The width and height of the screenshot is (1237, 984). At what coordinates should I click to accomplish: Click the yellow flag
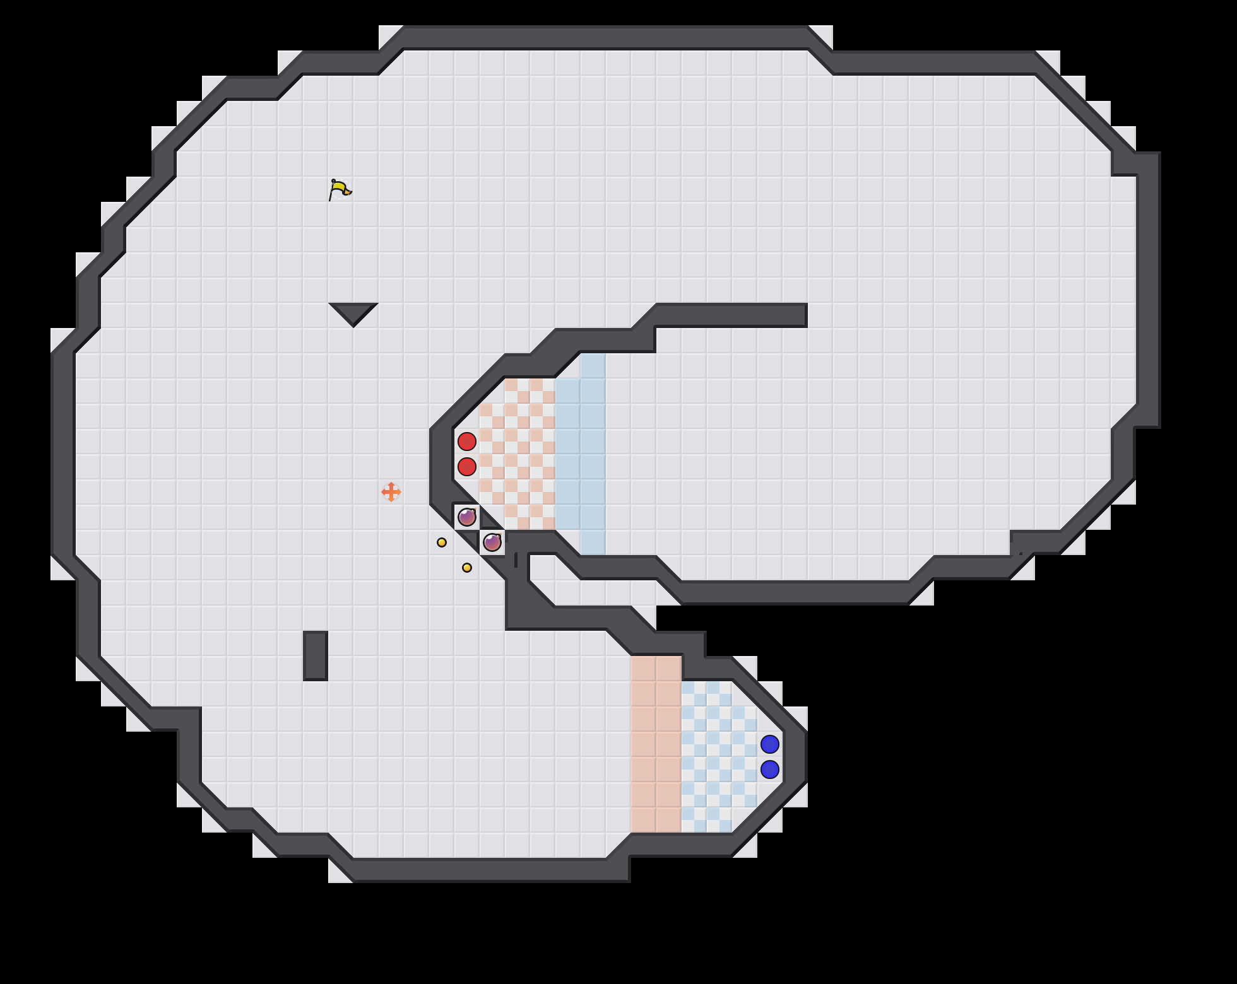pyautogui.click(x=340, y=189)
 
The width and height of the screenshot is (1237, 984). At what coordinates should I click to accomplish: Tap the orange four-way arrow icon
pyautogui.click(x=391, y=492)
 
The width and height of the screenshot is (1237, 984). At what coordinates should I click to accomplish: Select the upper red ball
pyautogui.click(x=467, y=442)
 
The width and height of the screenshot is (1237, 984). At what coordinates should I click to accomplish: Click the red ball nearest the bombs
pyautogui.click(x=467, y=467)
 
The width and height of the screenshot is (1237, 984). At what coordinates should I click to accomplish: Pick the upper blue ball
pyautogui.click(x=770, y=744)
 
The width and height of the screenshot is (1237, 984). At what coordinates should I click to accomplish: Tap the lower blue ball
pyautogui.click(x=770, y=770)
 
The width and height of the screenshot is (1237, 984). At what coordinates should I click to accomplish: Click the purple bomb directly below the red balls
pyautogui.click(x=467, y=517)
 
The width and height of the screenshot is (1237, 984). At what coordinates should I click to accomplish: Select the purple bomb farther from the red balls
pyautogui.click(x=492, y=542)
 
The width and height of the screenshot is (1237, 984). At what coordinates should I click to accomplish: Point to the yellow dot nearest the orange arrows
pyautogui.click(x=442, y=542)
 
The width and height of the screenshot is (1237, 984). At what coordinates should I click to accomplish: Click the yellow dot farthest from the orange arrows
pyautogui.click(x=467, y=568)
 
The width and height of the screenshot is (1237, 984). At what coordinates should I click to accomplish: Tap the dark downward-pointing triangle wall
pyautogui.click(x=353, y=311)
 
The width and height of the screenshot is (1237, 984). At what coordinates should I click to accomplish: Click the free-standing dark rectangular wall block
pyautogui.click(x=316, y=656)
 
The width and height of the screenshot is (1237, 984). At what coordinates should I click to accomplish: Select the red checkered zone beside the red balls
pyautogui.click(x=518, y=454)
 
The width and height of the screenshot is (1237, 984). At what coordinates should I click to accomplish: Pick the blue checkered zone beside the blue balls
pyautogui.click(x=713, y=757)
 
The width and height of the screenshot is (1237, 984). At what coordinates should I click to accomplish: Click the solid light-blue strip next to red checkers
pyautogui.click(x=581, y=454)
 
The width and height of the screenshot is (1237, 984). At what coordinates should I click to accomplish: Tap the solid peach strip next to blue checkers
pyautogui.click(x=656, y=744)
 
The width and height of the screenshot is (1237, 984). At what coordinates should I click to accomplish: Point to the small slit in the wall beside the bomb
pyautogui.click(x=516, y=560)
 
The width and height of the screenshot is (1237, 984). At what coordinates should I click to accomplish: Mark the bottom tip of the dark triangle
pyautogui.click(x=353, y=325)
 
